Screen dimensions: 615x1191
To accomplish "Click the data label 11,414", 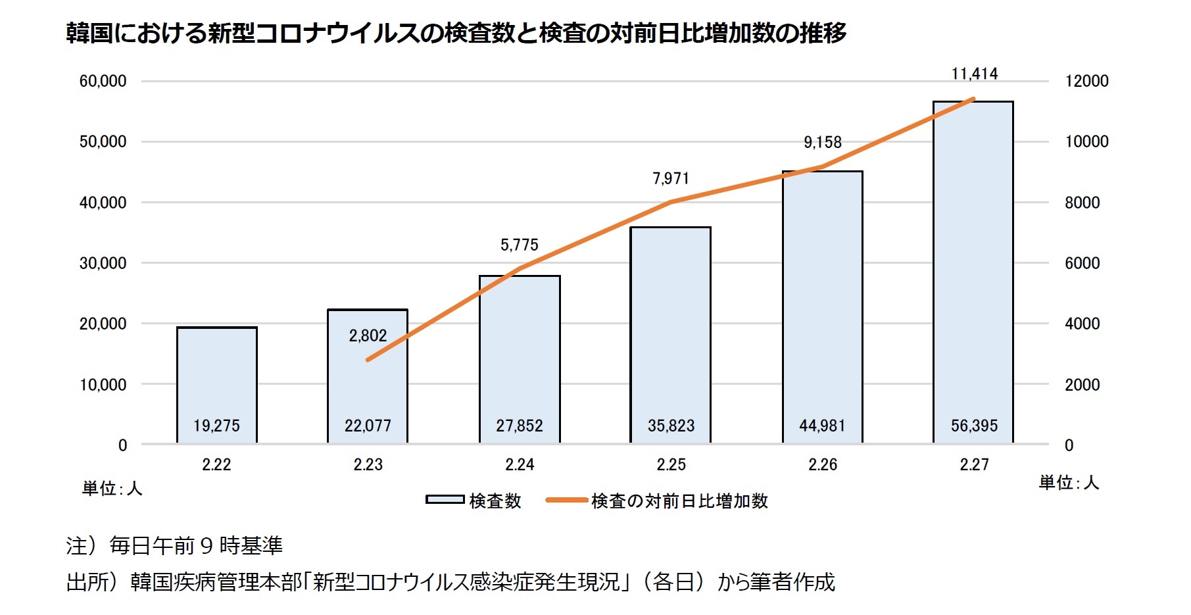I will pos(975,74).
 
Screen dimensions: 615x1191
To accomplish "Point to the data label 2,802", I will pos(368,335).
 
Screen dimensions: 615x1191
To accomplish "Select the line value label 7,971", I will pos(671,178).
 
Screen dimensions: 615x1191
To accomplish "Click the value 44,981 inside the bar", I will pos(822,426).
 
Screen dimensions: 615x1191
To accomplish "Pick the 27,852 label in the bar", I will pos(520,426).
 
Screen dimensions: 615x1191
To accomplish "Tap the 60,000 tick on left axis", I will pos(103,81).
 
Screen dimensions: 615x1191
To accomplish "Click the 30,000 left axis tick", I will pos(103,263).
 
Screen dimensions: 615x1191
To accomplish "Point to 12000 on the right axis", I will pos(1086,81).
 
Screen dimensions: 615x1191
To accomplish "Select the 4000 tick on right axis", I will pos(1082,324).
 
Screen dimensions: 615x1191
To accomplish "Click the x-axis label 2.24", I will pos(520,464).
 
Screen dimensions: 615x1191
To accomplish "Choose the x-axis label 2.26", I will pos(822,464).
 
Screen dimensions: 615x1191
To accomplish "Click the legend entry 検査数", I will pos(495,501).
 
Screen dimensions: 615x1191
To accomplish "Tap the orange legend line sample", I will pos(566,501).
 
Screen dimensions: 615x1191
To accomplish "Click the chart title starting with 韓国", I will pos(456,33).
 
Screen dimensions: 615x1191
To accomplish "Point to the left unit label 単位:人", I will pos(112,488).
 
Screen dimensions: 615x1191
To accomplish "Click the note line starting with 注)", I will pos(174,545).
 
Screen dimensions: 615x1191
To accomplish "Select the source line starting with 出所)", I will pos(450,582).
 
